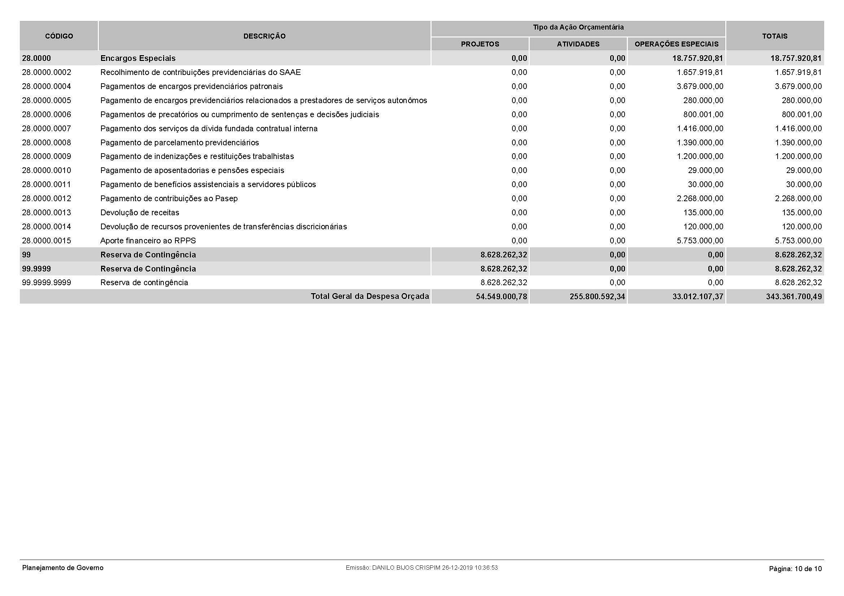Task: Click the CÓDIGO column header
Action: click(x=59, y=36)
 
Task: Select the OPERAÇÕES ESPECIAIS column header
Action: click(x=676, y=44)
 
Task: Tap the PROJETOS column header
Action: click(x=480, y=44)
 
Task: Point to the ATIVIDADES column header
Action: click(x=578, y=44)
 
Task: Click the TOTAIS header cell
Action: click(x=774, y=36)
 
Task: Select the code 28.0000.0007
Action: click(x=46, y=128)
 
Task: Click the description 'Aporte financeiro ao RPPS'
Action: click(x=148, y=240)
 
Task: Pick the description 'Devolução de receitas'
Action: click(x=140, y=213)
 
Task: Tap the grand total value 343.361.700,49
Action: click(x=793, y=296)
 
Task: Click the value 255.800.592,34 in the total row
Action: click(x=597, y=296)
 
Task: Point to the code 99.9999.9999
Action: click(x=46, y=282)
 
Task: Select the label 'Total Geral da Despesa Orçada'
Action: click(x=370, y=296)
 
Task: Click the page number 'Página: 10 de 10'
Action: click(x=795, y=569)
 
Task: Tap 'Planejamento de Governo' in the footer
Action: click(x=63, y=568)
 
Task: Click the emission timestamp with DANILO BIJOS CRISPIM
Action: click(x=421, y=568)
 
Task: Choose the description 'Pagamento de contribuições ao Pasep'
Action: click(x=169, y=199)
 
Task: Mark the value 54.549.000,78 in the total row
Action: click(x=501, y=296)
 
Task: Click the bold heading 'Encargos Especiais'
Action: click(x=138, y=58)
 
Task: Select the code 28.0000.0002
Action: click(x=46, y=72)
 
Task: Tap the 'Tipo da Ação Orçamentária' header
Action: click(x=578, y=27)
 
